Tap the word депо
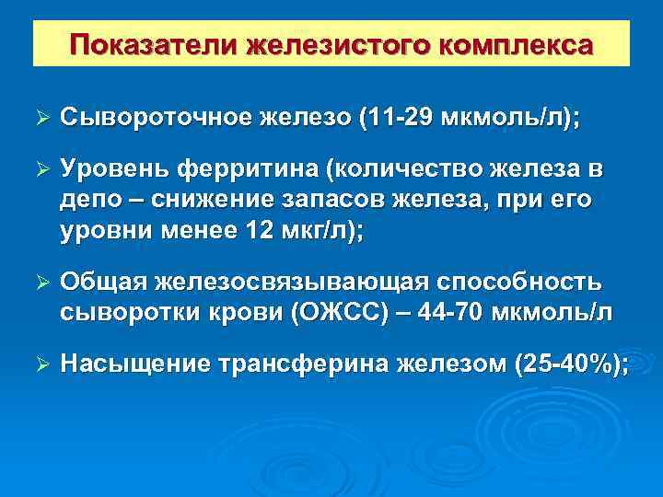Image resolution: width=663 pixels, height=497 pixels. click(x=90, y=200)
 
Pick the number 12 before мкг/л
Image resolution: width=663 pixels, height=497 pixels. click(x=253, y=231)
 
